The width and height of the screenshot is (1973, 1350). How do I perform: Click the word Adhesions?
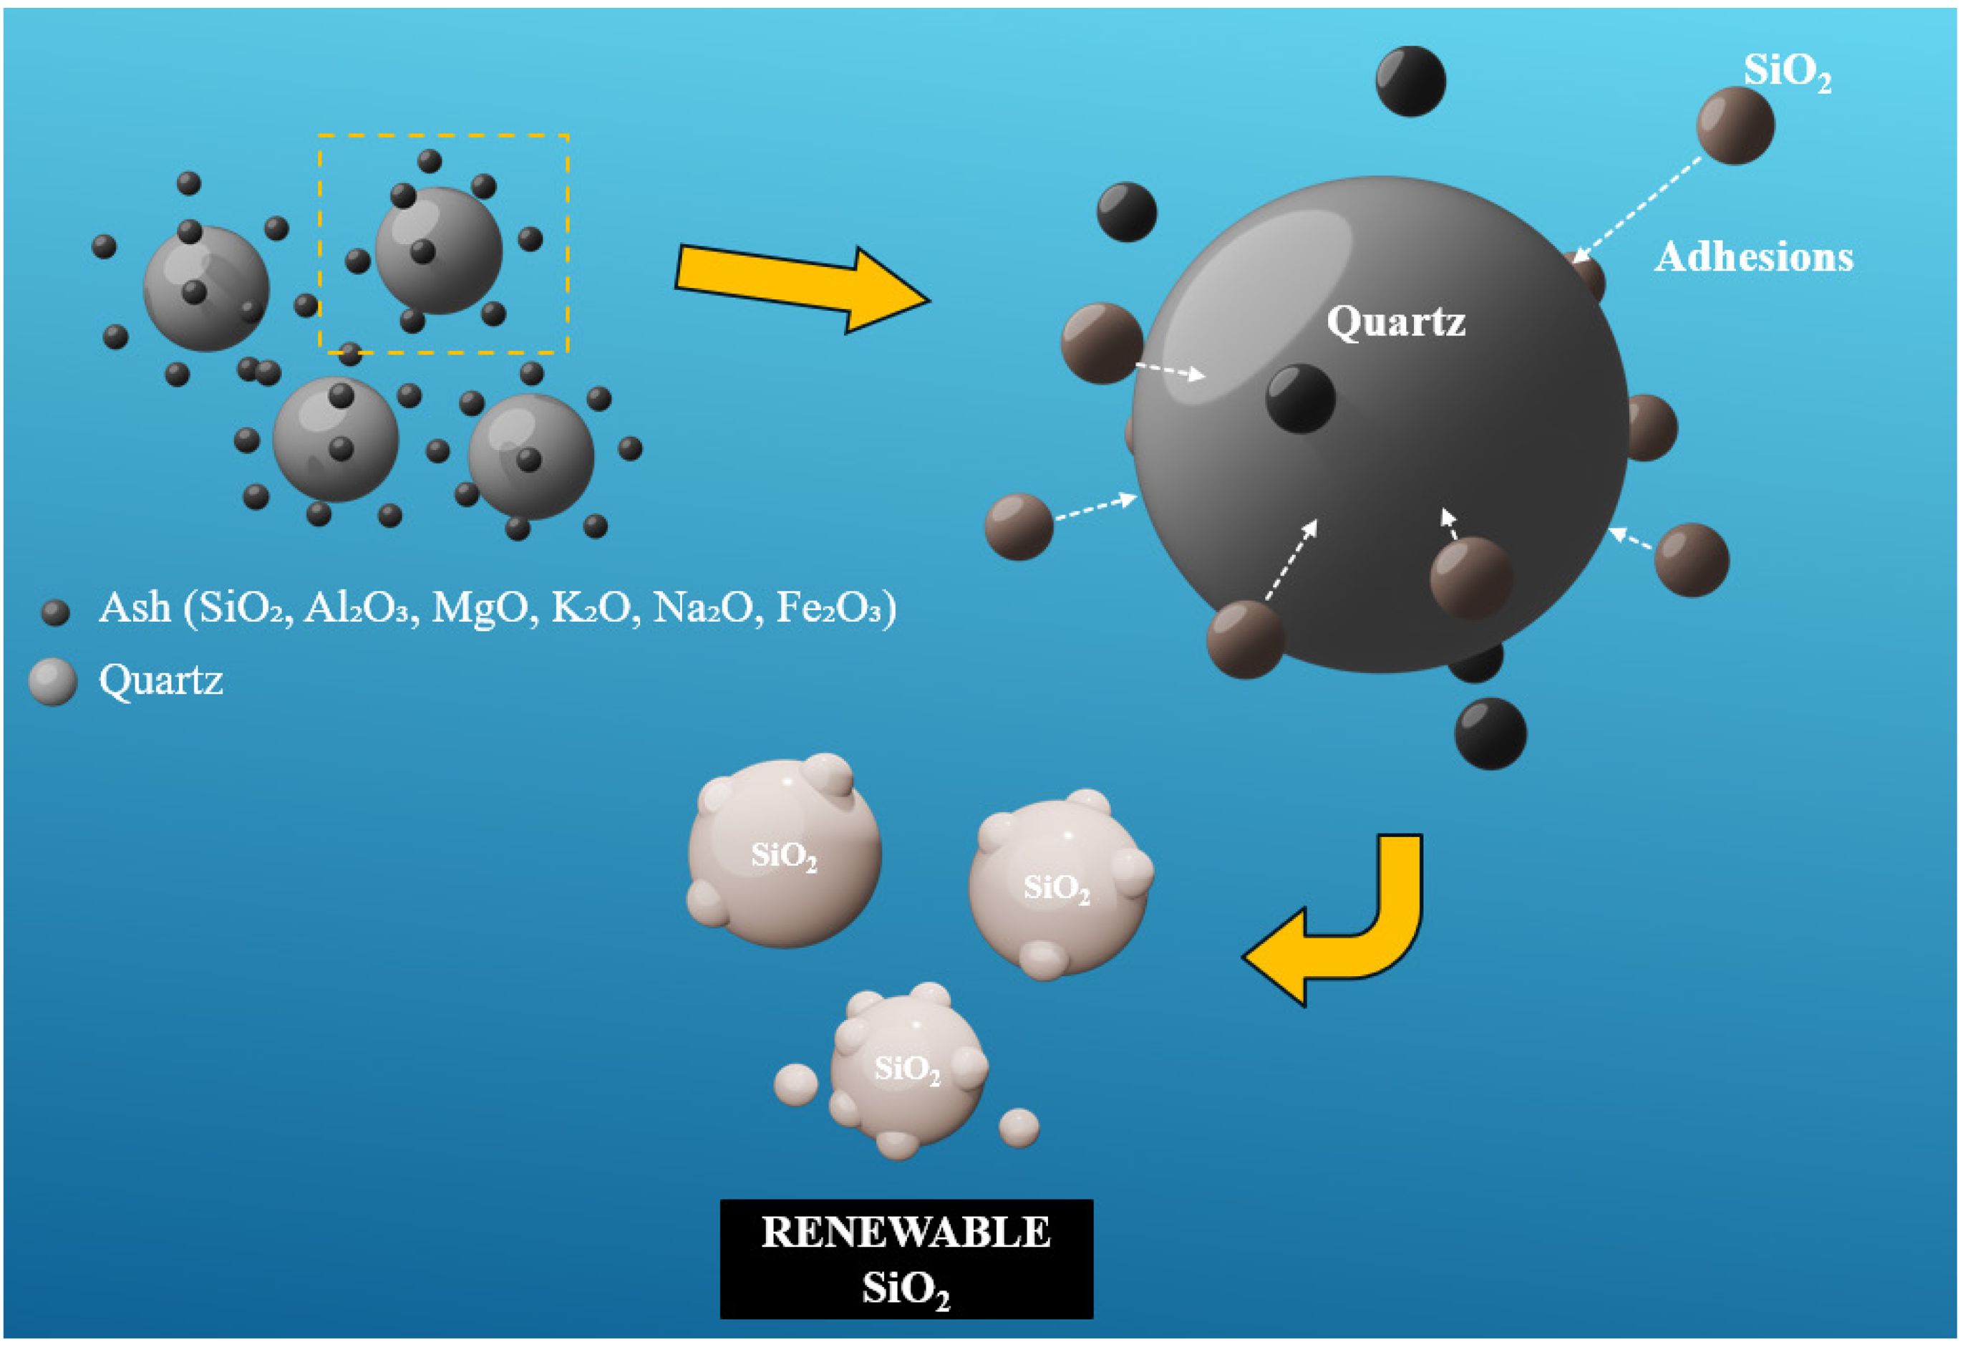pyautogui.click(x=1753, y=256)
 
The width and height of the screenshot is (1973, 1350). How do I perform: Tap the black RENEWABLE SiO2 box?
pyautogui.click(x=906, y=1258)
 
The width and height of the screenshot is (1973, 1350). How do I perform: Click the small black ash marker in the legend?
pyautogui.click(x=55, y=612)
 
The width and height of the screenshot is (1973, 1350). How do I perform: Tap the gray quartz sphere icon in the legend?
pyautogui.click(x=53, y=682)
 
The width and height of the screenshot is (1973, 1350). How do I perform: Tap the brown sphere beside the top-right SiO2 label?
pyautogui.click(x=1735, y=125)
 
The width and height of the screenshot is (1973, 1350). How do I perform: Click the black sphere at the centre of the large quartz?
pyautogui.click(x=1300, y=398)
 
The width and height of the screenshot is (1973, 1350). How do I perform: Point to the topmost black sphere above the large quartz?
pyautogui.click(x=1410, y=81)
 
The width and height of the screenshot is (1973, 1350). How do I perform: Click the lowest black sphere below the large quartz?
pyautogui.click(x=1490, y=733)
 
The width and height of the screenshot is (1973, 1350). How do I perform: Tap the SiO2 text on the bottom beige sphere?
pyautogui.click(x=908, y=1068)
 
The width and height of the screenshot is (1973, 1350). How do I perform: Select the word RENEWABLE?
pyautogui.click(x=906, y=1233)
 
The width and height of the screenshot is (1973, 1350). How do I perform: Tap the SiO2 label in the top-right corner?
pyautogui.click(x=1786, y=72)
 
